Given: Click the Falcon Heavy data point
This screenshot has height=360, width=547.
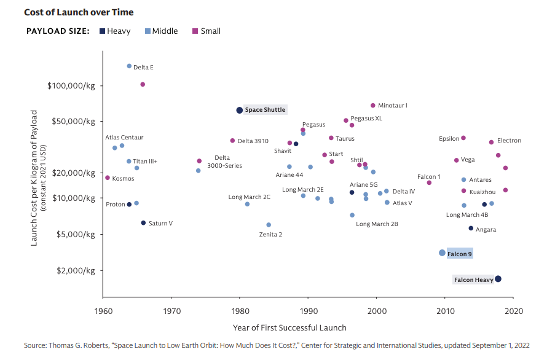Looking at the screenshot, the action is pos(498,279).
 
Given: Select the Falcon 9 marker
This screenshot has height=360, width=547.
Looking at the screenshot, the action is pos(442,253).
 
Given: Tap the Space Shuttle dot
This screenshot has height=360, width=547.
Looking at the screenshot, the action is pos(239,110).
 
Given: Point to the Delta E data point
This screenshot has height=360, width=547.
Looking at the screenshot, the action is pos(129,66).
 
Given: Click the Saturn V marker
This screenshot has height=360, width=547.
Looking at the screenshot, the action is pos(143,223).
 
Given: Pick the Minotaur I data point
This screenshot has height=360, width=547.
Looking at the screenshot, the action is pos(373,105).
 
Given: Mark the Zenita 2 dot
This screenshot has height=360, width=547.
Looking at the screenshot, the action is pos(269,225).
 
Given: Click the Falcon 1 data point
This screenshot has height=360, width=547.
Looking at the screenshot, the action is pos(429,183).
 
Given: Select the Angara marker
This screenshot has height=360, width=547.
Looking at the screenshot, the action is pos(471,228).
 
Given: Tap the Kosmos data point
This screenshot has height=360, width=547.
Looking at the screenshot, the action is pos(108,178).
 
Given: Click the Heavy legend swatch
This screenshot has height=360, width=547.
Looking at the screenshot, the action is pos(102,31).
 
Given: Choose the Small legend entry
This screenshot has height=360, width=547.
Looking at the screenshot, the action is pos(207,31).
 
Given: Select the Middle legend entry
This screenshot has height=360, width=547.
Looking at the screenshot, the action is pos(162,31).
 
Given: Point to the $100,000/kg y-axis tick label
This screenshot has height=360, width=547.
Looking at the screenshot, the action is pos(71,86).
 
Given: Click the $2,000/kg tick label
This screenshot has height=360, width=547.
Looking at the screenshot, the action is pos(76,271).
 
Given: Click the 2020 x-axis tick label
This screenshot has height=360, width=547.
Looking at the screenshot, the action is pos(514,311).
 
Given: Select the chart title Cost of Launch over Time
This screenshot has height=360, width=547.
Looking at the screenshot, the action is pos(79,12).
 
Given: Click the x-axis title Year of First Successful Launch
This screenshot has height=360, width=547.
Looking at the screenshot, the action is pos(289,328).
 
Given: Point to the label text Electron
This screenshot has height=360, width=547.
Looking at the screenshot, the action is pos(509,141).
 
